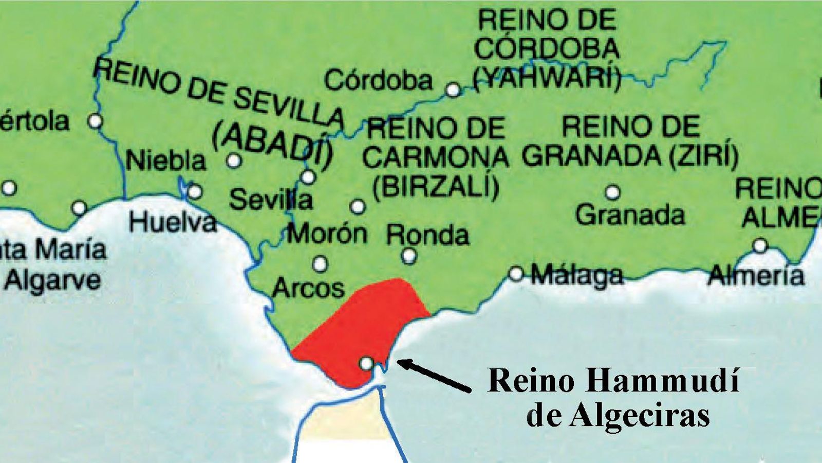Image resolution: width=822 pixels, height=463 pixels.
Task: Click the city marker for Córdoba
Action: tap(453, 90)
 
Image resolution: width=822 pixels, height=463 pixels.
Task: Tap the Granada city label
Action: tap(630, 215)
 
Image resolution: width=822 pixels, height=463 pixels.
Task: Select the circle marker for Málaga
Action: tap(516, 274)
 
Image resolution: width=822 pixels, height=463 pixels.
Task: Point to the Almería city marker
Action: tap(760, 246)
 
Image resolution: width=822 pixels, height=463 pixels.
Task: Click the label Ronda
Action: tap(427, 236)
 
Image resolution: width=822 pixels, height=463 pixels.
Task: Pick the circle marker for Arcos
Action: tap(320, 264)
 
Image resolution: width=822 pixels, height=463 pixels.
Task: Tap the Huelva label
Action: tap(172, 222)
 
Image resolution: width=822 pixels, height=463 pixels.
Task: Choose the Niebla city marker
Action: tap(234, 161)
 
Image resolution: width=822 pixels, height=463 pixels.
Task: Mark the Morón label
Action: tap(327, 234)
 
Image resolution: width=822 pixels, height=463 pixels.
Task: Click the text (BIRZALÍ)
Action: tap(436, 188)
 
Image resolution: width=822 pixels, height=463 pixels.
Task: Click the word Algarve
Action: tap(53, 281)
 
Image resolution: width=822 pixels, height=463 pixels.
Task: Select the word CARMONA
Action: tap(436, 157)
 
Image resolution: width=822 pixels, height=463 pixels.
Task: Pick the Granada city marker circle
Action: tap(612, 192)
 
